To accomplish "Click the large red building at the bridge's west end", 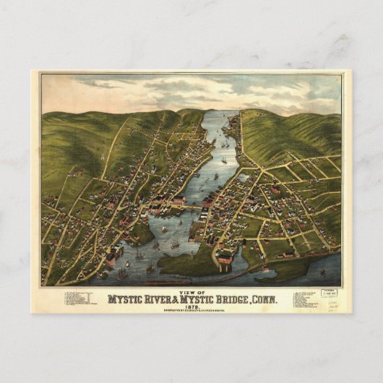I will coord(178,200).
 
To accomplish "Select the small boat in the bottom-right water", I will coord(322,273).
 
